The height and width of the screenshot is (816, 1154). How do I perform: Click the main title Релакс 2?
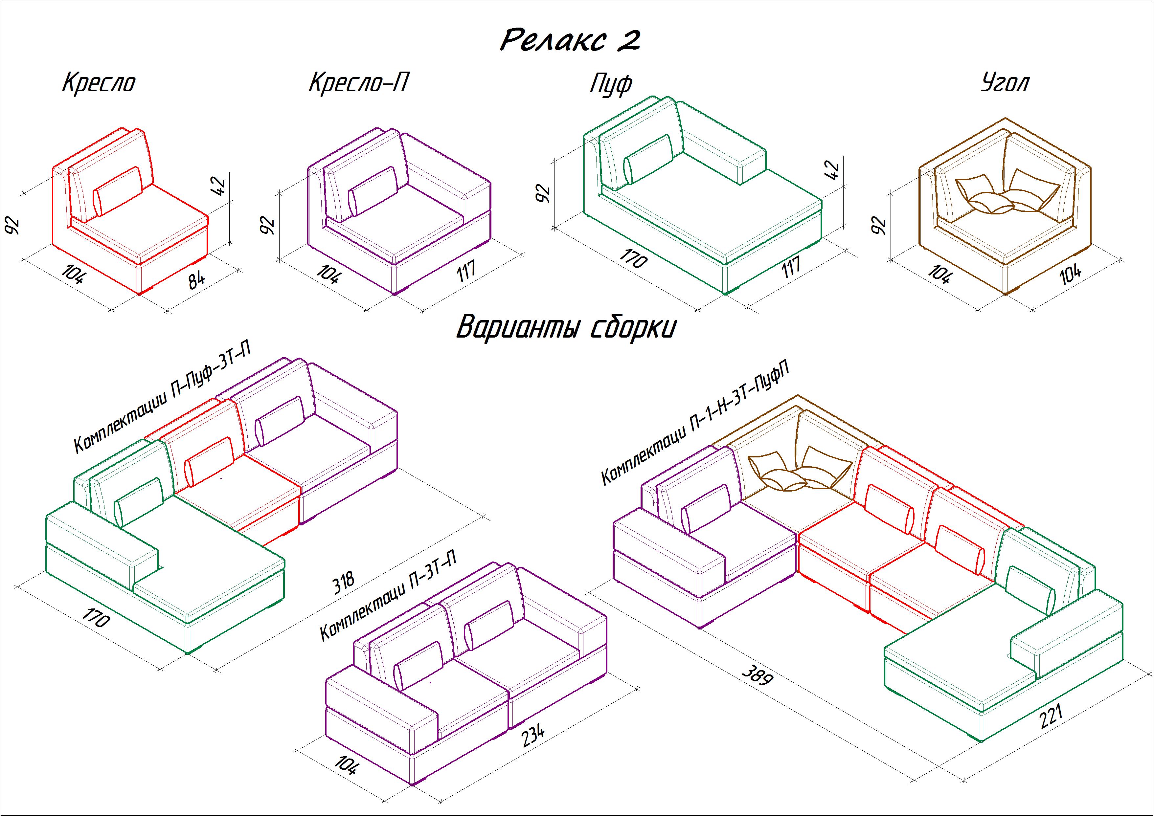click(571, 40)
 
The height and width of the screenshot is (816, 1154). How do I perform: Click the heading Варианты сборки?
click(566, 328)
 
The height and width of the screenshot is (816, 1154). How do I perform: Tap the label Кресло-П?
click(358, 82)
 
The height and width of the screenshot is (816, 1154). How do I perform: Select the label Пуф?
click(611, 84)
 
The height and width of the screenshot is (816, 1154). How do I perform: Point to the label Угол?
click(1005, 83)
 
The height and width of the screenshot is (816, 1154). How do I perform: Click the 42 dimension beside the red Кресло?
click(220, 186)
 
